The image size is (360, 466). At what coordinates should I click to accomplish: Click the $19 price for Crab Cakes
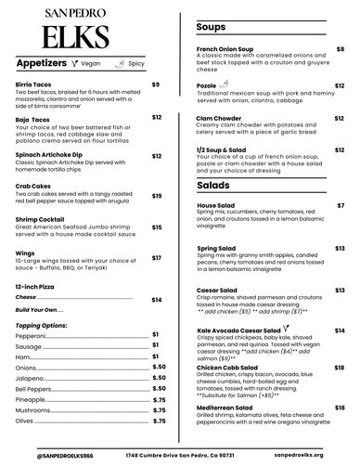coord(157,196)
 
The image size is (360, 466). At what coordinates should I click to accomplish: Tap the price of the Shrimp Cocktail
coord(157,227)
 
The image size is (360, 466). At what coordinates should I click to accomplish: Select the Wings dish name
coord(26,251)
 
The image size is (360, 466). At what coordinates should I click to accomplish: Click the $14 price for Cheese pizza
coord(157,300)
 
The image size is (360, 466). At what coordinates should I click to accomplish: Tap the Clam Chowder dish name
coord(219,118)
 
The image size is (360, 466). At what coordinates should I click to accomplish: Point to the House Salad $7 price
coord(341,204)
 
